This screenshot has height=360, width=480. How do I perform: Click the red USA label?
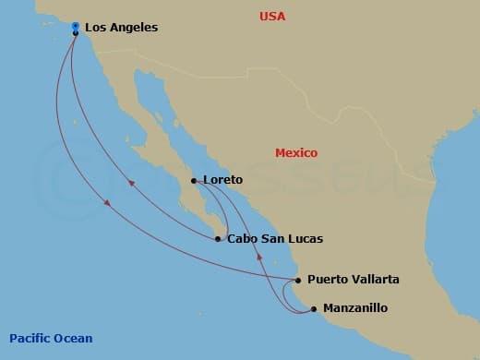pyautogui.click(x=272, y=17)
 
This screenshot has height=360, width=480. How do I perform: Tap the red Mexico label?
pyautogui.click(x=296, y=152)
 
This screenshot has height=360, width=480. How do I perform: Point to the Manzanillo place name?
pyautogui.click(x=355, y=308)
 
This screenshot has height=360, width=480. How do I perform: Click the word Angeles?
pyautogui.click(x=133, y=28)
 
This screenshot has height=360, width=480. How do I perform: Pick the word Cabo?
pyautogui.click(x=243, y=239)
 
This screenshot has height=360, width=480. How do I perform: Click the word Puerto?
pyautogui.click(x=328, y=279)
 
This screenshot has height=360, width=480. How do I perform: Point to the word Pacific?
pyautogui.click(x=30, y=338)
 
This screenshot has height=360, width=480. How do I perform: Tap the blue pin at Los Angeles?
pyautogui.click(x=75, y=26)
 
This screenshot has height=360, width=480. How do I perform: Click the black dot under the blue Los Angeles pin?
pyautogui.click(x=75, y=33)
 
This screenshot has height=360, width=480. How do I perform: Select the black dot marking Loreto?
pyautogui.click(x=193, y=181)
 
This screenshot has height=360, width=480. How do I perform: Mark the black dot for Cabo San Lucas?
pyautogui.click(x=218, y=239)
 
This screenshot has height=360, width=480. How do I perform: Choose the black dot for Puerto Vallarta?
pyautogui.click(x=297, y=280)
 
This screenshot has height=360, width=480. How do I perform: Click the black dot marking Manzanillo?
pyautogui.click(x=314, y=308)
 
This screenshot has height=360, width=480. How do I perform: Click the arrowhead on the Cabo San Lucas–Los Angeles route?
pyautogui.click(x=131, y=183)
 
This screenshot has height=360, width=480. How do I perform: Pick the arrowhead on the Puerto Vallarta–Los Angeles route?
pyautogui.click(x=108, y=203)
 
